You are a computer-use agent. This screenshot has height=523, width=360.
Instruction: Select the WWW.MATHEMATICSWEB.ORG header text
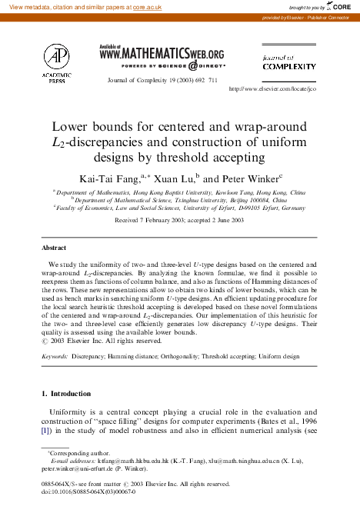point(162,53)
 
